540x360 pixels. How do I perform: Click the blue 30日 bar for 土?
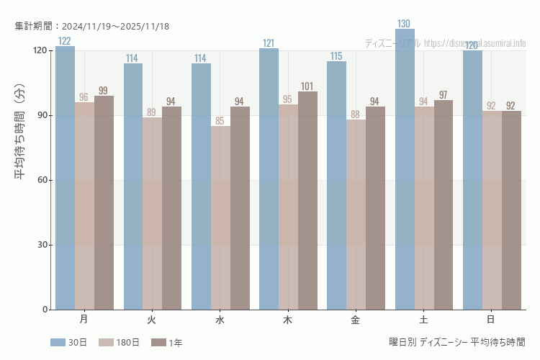pos(405,173)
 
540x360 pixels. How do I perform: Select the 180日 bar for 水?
pos(220,216)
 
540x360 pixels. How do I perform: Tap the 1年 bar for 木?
pos(307,202)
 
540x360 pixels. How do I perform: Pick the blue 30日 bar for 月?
pos(65,180)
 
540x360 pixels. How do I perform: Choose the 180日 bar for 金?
pos(356,216)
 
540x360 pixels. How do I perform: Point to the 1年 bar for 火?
pos(171,209)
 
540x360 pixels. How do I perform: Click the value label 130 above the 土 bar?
pos(405,24)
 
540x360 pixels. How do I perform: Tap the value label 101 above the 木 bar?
pos(307,86)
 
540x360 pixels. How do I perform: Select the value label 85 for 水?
pos(220,121)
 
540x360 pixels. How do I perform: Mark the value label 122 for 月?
pos(65,41)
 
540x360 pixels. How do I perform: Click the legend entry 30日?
pos(68,343)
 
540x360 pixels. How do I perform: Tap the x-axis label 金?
pos(356,319)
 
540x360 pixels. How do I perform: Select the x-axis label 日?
pos(491,319)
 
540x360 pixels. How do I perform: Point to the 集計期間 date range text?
pos(91,27)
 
